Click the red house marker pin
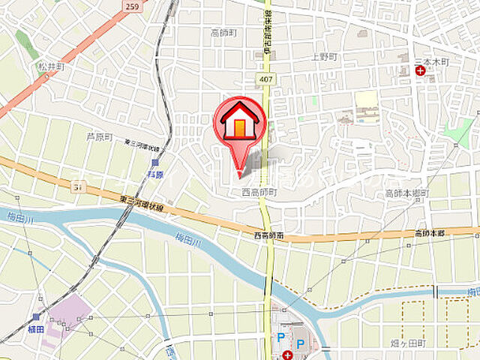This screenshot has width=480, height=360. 239,124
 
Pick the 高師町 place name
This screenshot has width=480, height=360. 223,32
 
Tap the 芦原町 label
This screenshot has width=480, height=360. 98,136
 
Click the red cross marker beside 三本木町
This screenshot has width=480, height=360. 420,71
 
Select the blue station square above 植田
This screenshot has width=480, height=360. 36,316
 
